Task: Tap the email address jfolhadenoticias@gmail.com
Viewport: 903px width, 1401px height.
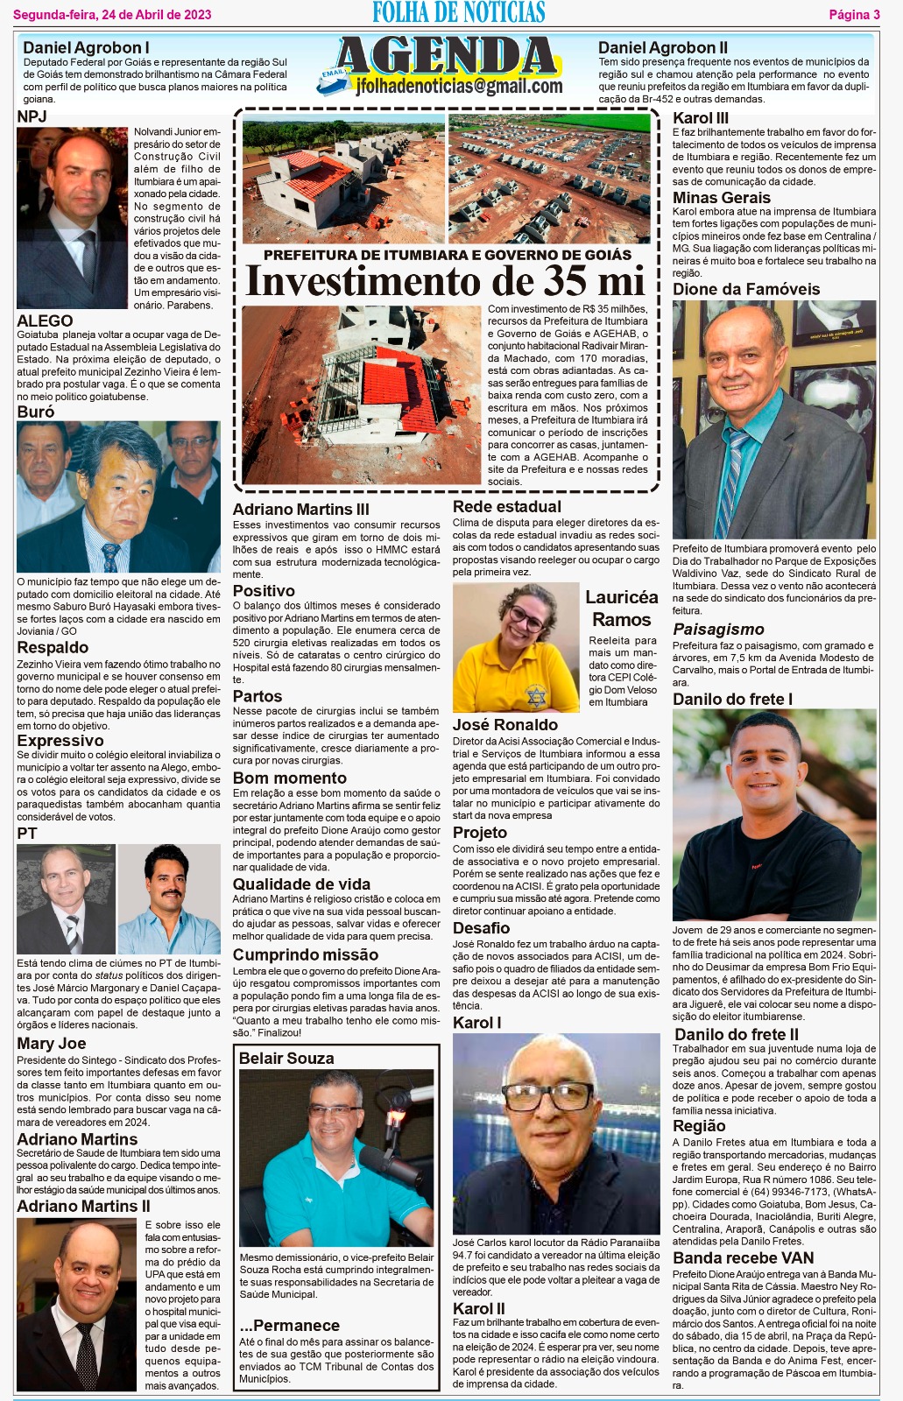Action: point(459,86)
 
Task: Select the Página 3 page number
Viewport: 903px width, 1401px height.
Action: point(854,14)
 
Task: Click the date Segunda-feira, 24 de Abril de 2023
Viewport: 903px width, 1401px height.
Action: point(112,14)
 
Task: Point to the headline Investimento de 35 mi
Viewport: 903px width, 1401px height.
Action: point(446,281)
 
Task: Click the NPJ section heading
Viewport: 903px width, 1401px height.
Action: point(32,116)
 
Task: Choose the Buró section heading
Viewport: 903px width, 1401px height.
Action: point(36,412)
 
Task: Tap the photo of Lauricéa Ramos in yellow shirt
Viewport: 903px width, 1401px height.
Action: point(516,647)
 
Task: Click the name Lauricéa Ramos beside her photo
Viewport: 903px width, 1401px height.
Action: point(621,608)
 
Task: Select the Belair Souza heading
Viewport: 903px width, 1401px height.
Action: point(286,1058)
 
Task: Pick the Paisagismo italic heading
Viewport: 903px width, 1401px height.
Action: point(718,629)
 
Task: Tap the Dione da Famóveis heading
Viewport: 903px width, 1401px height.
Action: point(746,289)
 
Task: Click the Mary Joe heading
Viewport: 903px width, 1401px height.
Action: point(52,1043)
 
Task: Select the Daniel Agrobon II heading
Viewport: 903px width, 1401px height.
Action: point(662,47)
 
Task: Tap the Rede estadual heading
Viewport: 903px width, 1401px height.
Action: point(507,506)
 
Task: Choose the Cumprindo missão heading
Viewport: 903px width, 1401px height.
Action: point(305,954)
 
